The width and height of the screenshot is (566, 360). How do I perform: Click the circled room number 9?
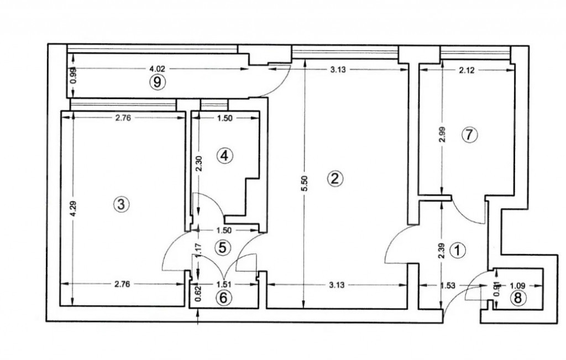point(157,82)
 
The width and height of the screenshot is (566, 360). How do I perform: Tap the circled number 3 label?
point(121,204)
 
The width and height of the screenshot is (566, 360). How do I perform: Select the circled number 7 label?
point(469,134)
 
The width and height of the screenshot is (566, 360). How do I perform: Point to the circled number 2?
point(335,178)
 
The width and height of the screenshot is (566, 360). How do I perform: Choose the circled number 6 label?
point(223,298)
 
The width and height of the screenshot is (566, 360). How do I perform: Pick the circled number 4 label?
point(224,156)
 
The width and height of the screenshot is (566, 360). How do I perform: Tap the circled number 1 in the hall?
point(458,251)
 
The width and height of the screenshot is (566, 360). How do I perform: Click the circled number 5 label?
point(222,247)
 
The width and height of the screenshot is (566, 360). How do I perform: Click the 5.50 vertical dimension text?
point(303,184)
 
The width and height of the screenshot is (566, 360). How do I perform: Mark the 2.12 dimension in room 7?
point(467,70)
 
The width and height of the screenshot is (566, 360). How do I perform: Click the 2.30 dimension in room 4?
point(199,164)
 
